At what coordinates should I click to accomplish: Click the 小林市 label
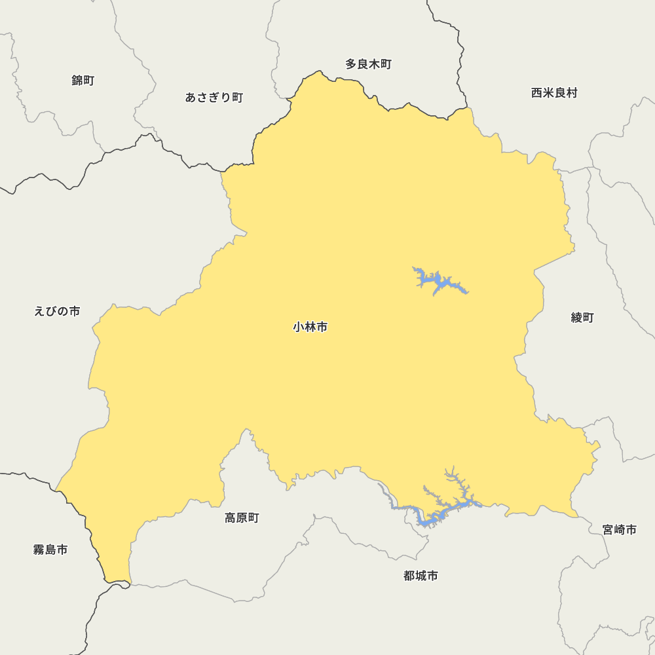click(x=310, y=327)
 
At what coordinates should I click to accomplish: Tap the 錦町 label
click(x=83, y=81)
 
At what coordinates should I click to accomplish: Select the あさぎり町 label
click(x=214, y=98)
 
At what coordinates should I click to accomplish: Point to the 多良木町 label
click(x=368, y=64)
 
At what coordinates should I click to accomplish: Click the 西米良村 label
click(x=554, y=93)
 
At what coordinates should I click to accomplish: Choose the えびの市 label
click(x=57, y=311)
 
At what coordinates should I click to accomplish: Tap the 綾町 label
click(x=582, y=318)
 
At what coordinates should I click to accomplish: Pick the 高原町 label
click(x=242, y=518)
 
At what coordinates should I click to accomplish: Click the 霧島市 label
click(x=50, y=550)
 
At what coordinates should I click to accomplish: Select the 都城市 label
click(x=421, y=576)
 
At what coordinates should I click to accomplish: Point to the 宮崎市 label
click(x=620, y=529)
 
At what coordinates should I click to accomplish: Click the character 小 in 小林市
click(x=299, y=327)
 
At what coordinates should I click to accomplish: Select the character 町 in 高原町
click(x=253, y=518)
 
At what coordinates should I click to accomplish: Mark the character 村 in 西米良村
click(x=572, y=93)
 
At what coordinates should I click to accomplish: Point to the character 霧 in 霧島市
click(x=39, y=550)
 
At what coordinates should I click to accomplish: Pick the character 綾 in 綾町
click(x=576, y=318)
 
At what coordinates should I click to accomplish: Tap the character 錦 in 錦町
click(x=77, y=81)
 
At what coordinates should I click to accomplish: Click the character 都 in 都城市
click(x=409, y=576)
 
